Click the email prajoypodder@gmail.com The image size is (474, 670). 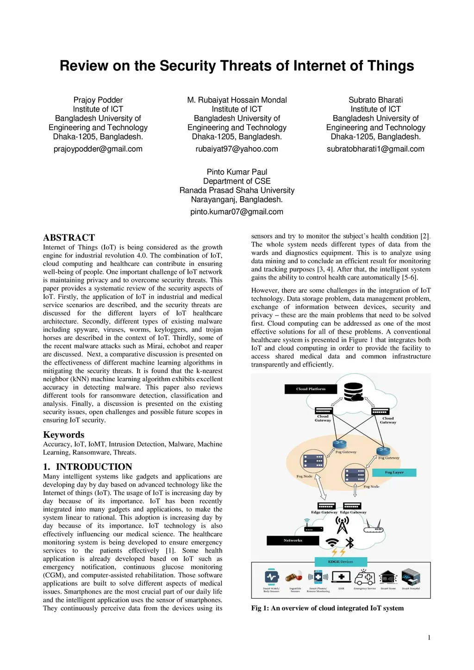[98, 149]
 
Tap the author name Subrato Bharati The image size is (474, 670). [375, 100]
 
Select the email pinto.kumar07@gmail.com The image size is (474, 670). [237, 212]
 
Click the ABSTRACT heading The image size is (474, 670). [69, 237]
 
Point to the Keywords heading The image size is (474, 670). [63, 434]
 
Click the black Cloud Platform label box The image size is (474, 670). [311, 389]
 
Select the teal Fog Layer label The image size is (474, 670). [394, 472]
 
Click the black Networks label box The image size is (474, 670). [293, 540]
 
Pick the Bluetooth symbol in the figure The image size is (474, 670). [350, 542]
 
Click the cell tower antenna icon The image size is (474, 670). [342, 525]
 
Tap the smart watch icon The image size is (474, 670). [271, 577]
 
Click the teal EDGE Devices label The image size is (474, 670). [340, 562]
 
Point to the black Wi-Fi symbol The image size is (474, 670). [332, 542]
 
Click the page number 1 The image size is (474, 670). [429, 638]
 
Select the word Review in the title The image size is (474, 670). [84, 66]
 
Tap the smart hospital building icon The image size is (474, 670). [411, 577]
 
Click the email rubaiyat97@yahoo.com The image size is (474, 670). [237, 149]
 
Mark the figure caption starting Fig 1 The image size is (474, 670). [327, 608]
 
